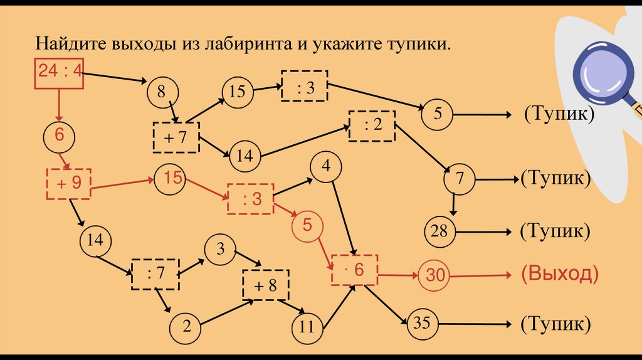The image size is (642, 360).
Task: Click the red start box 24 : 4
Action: pos(59,73)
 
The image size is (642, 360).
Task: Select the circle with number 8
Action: pos(162,93)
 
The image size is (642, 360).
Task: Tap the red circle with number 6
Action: pos(60,134)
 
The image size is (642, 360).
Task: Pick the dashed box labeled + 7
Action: pos(176,137)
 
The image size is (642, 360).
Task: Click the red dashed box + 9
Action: pos(68,183)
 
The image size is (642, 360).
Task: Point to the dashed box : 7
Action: pos(155,273)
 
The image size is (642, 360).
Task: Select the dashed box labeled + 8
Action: pos(266,285)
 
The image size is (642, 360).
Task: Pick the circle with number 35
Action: pos(421,324)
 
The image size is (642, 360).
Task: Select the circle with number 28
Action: pos(440,231)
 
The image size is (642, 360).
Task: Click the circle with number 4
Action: pos(325,167)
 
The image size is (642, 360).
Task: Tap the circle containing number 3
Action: pos(220,248)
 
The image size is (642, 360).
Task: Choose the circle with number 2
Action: pos(186,326)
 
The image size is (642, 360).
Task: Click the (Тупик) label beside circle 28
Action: pos(555,231)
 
